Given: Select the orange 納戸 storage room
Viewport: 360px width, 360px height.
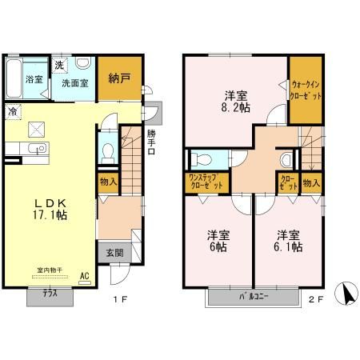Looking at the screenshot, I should tap(120, 78).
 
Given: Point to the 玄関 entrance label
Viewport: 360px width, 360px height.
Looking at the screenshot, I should tap(114, 252).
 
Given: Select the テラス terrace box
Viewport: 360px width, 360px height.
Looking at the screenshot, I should tap(48, 294).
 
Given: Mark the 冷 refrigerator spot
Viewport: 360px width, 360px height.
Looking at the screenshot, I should tap(14, 114).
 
